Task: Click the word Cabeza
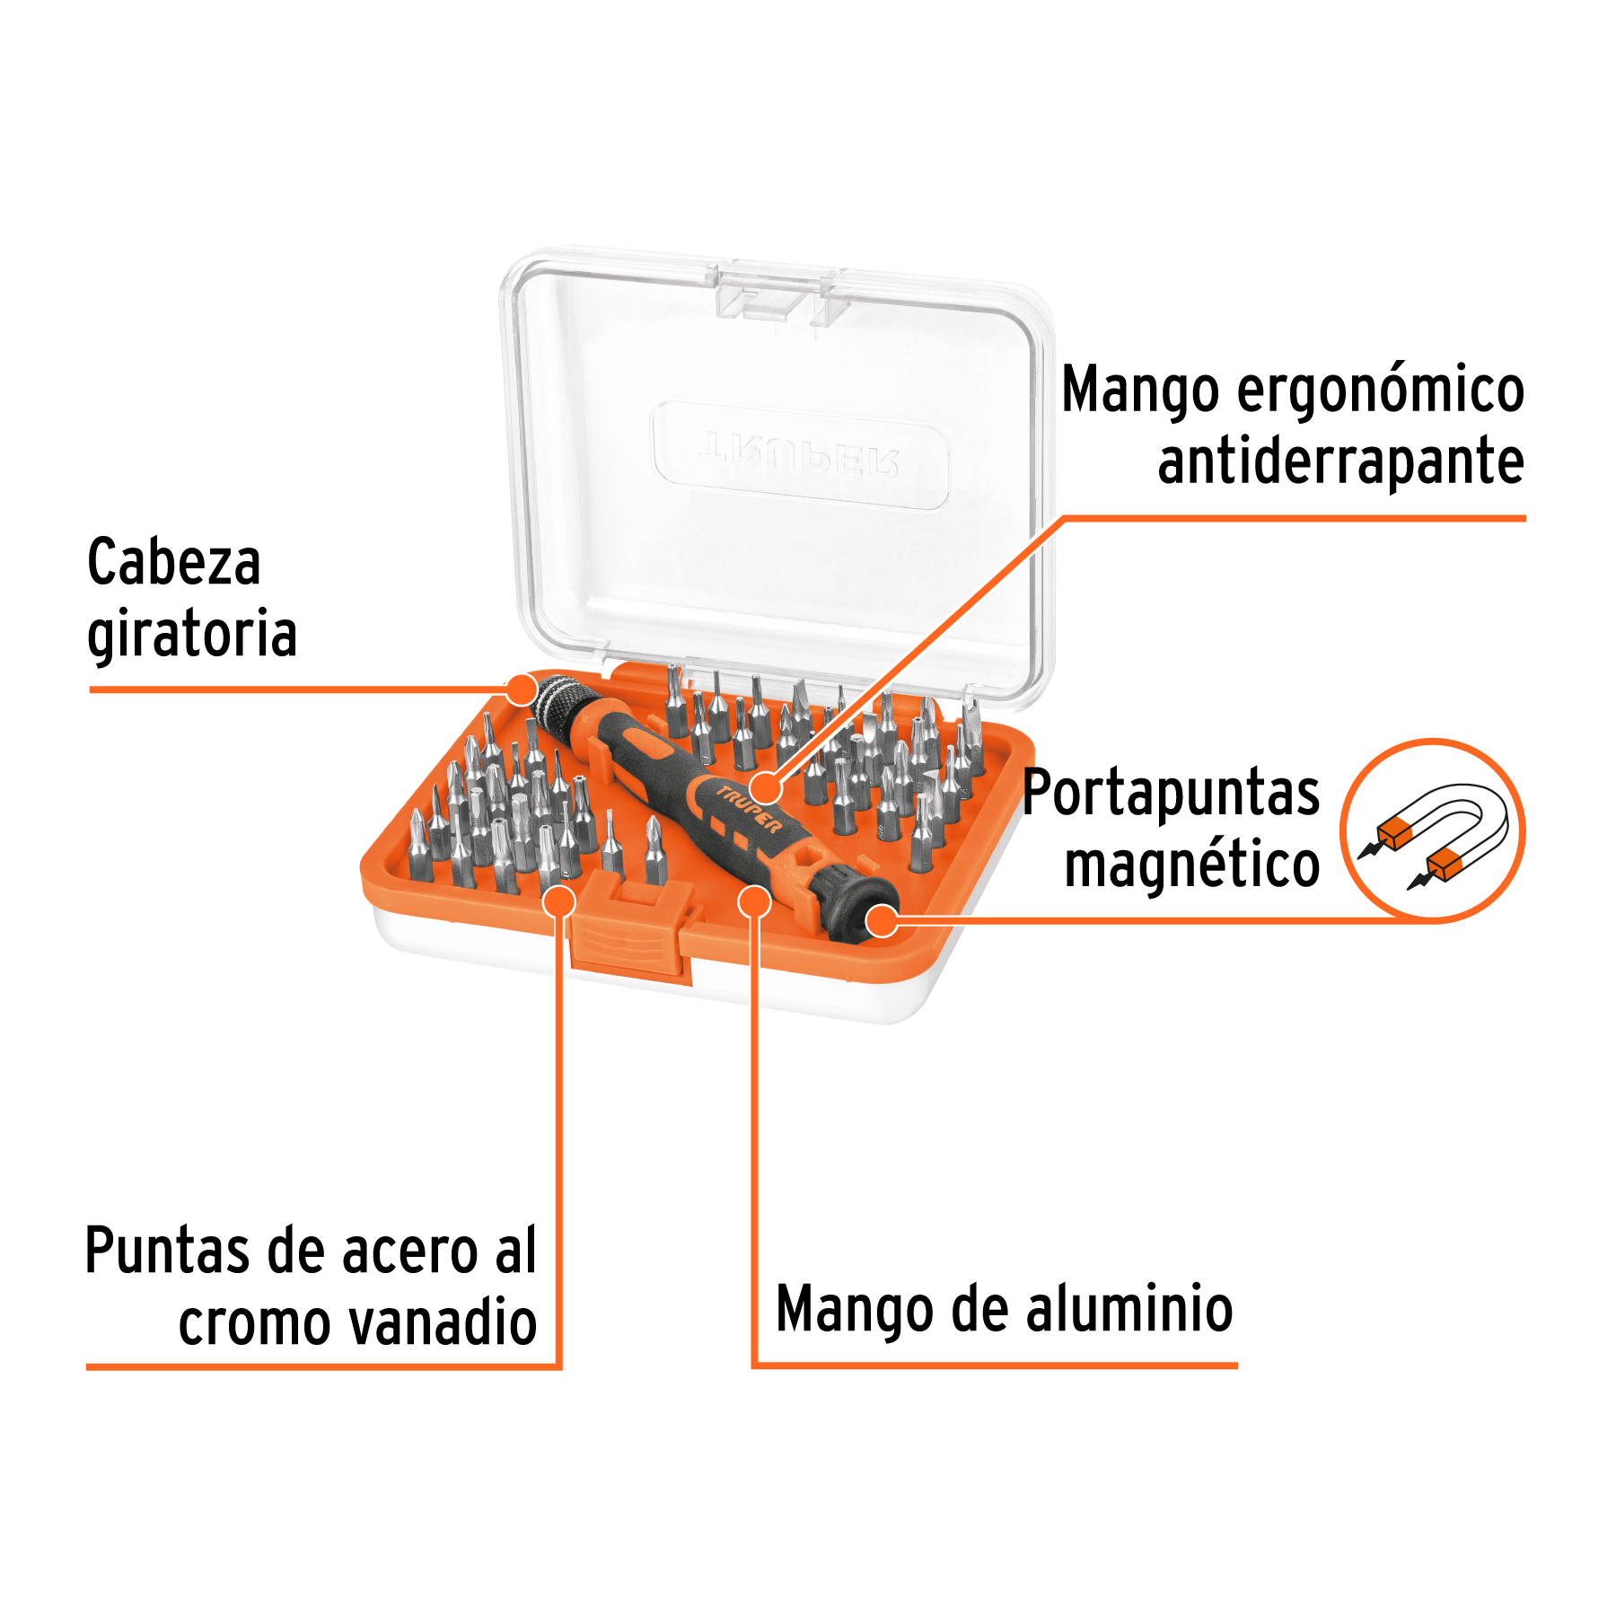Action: pyautogui.click(x=173, y=563)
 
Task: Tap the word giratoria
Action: pyautogui.click(x=192, y=635)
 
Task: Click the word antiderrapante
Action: pyautogui.click(x=1340, y=461)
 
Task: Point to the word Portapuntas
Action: pyautogui.click(x=1171, y=794)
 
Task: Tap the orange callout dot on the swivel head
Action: pyautogui.click(x=520, y=689)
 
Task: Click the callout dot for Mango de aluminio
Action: pyautogui.click(x=755, y=901)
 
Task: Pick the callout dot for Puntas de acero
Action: pyautogui.click(x=558, y=900)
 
